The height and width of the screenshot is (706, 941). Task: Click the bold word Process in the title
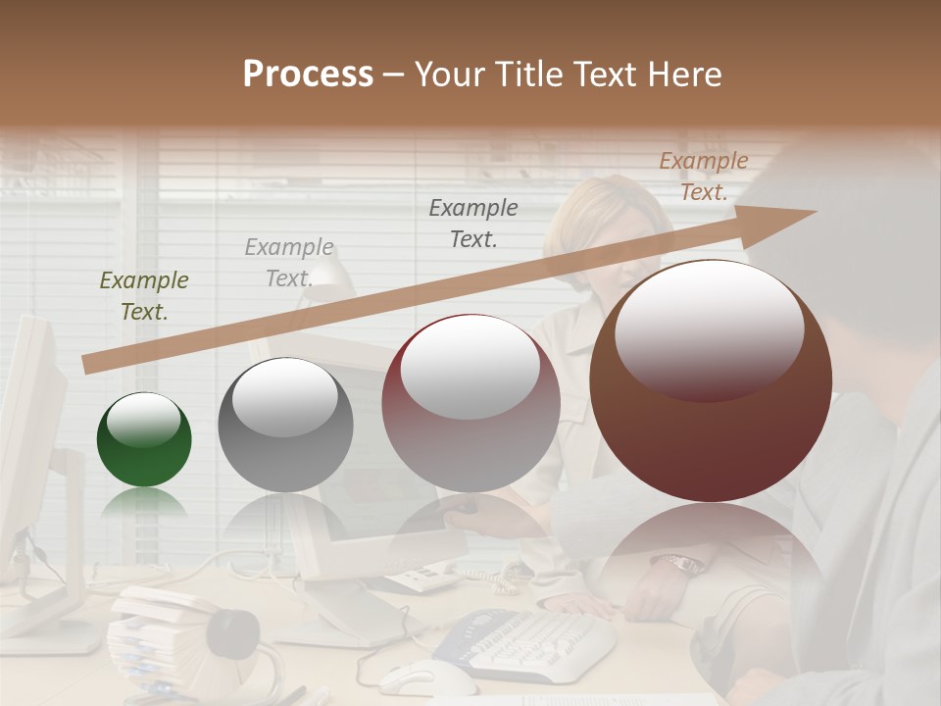[x=308, y=75]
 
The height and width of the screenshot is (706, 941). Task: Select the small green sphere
[x=144, y=439]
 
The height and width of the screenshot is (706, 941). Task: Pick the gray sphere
[x=285, y=425]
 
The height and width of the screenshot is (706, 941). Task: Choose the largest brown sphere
[x=711, y=380]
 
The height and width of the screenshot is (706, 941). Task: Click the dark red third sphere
[x=470, y=403]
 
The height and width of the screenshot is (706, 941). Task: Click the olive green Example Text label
[x=144, y=296]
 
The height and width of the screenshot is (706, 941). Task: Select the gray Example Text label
[x=289, y=263]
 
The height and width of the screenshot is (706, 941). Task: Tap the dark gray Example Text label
[x=473, y=223]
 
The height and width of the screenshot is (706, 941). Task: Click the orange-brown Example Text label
[x=703, y=176]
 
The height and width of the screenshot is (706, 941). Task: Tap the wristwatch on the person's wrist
[x=679, y=564]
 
